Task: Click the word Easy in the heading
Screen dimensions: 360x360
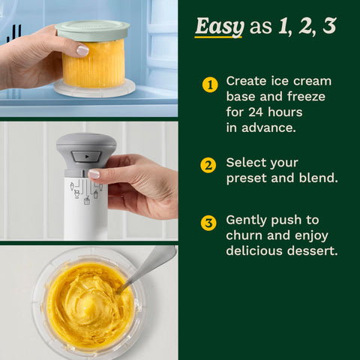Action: pos(219,27)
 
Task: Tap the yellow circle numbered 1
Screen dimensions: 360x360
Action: pos(209,84)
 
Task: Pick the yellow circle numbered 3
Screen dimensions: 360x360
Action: pos(209,223)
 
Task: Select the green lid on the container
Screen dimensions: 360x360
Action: pos(92,31)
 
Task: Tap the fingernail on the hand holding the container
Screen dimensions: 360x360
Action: pos(82,51)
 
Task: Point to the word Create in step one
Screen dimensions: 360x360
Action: pos(247,81)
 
